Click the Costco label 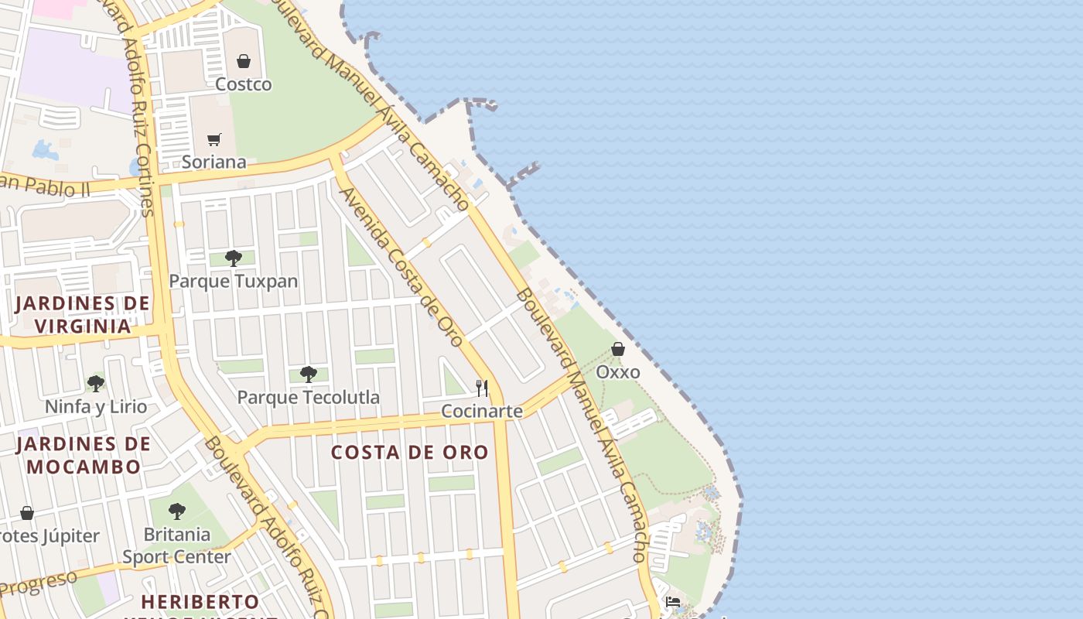[x=243, y=84]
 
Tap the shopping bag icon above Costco [x=244, y=60]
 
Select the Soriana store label [x=214, y=162]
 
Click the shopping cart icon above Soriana [x=214, y=139]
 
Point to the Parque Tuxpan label [x=233, y=281]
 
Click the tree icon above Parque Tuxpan [x=233, y=258]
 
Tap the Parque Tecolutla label [x=308, y=397]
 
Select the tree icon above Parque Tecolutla [x=308, y=374]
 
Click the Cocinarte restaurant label [x=482, y=411]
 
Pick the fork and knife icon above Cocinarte [x=482, y=388]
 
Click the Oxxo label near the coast [x=618, y=372]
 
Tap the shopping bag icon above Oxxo [x=618, y=350]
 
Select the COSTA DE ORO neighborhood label [x=410, y=453]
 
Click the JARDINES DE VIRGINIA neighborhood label [x=82, y=314]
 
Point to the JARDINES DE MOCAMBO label [x=84, y=455]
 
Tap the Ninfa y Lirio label [x=95, y=406]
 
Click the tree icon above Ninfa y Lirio [x=95, y=383]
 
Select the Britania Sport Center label [x=176, y=545]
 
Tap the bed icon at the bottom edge [x=673, y=602]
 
